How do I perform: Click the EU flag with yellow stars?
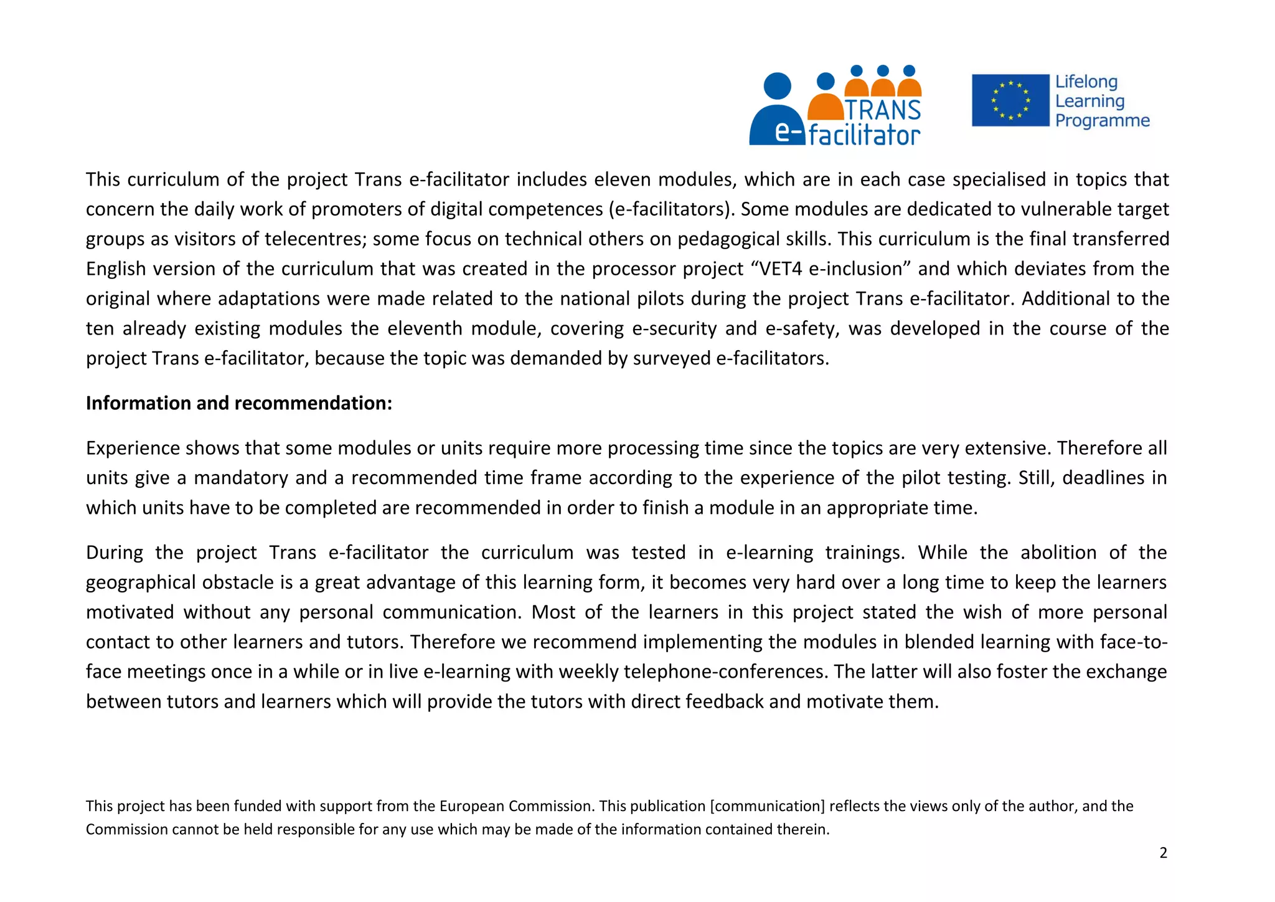pos(1010,100)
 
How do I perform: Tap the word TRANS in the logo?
pos(883,110)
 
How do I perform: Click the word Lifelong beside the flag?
pos(1086,82)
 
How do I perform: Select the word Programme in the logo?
pos(1102,120)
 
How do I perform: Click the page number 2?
pos(1163,853)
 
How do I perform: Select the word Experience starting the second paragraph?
pos(133,448)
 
